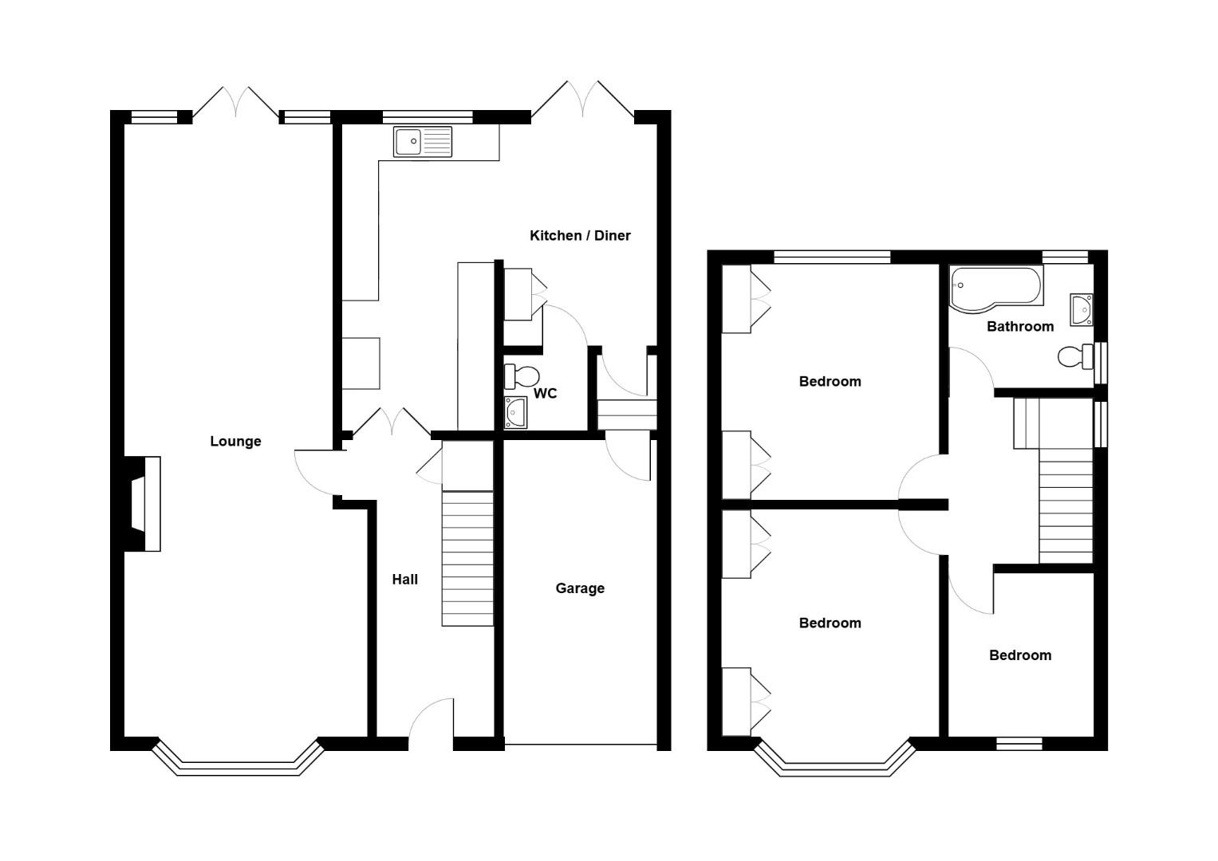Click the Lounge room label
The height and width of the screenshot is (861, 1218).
(x=235, y=441)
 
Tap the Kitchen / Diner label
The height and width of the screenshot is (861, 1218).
(x=580, y=235)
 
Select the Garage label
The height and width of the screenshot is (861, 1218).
(x=580, y=588)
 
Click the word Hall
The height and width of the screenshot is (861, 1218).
(x=404, y=580)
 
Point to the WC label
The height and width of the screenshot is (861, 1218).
(x=545, y=393)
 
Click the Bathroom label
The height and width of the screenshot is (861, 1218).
(x=1020, y=326)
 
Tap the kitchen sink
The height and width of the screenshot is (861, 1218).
(x=422, y=142)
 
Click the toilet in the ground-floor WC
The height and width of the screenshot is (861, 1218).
(x=522, y=375)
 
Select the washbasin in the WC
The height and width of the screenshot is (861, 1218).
(x=515, y=412)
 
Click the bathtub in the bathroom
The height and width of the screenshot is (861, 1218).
(x=995, y=286)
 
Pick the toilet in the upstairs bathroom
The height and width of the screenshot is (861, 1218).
(x=1074, y=356)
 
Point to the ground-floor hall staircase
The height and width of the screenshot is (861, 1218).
(x=467, y=558)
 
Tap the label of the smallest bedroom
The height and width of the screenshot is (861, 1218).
(x=1020, y=655)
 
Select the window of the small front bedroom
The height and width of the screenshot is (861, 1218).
(x=1019, y=743)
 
